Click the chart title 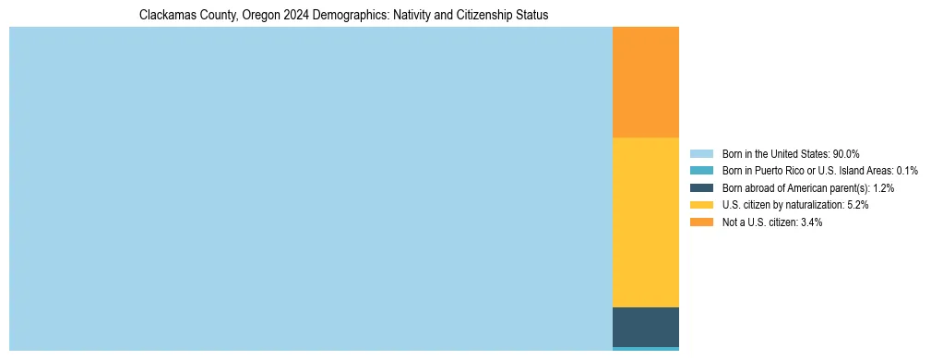(x=343, y=16)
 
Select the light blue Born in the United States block (x=310, y=188)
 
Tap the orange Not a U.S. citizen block (x=646, y=81)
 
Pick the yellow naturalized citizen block (x=646, y=222)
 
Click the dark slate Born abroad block (x=646, y=327)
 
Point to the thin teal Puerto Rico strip (x=646, y=349)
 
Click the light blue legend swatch (x=701, y=154)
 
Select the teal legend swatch (x=701, y=171)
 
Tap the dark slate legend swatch (x=701, y=188)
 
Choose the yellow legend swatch (x=701, y=205)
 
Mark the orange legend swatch (x=701, y=222)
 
